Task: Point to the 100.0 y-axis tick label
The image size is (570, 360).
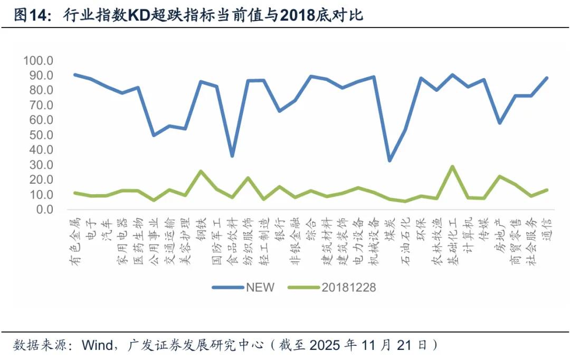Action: pos(39,61)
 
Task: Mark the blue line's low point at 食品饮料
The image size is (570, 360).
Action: pos(232,156)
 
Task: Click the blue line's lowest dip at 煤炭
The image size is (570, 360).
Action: pos(389,160)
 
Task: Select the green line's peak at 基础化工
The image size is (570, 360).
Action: pos(452,166)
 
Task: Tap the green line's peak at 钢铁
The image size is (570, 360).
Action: pos(201,171)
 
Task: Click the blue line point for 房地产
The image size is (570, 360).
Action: pos(500,123)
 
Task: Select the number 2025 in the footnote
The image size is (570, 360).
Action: pos(325,345)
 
